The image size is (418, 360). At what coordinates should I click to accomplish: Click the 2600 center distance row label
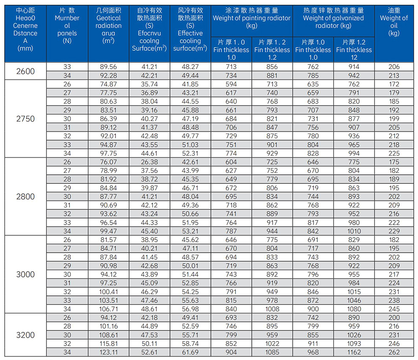26,71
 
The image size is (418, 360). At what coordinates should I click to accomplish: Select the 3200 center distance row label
26,335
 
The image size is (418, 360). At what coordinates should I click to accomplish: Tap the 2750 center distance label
26,119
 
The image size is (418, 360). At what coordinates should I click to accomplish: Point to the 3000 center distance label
26,275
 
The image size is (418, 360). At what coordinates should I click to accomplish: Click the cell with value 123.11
108,352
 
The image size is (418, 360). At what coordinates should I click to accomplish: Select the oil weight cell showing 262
394,352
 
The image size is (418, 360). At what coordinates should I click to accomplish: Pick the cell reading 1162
354,352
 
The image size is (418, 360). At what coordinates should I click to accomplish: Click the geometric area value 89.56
108,67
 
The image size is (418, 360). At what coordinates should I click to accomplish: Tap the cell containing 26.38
149,162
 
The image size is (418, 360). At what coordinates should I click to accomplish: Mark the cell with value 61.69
190,352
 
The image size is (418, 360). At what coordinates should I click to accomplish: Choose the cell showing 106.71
108,309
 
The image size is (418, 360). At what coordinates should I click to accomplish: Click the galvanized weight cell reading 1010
354,231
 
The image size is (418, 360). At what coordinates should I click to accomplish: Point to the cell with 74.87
108,84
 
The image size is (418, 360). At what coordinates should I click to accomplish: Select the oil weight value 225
394,153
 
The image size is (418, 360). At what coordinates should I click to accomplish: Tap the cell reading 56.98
190,309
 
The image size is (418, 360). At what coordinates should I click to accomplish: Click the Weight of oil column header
394,22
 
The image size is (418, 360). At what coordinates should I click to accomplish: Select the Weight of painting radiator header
251,18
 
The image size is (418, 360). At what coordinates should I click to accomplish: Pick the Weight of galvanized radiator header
333,18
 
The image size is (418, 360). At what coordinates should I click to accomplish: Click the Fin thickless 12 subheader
354,49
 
